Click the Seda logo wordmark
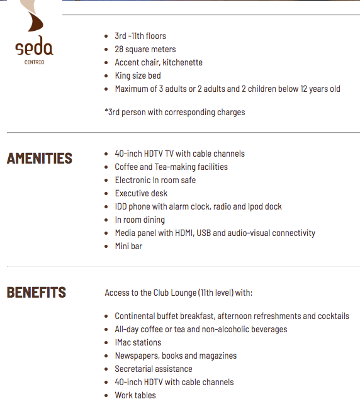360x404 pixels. coord(34,48)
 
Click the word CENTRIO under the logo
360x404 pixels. coord(34,62)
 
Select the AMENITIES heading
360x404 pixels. coord(39,159)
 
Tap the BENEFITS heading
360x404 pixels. coord(36,293)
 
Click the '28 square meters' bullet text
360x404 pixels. coord(145,49)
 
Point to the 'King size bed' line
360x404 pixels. coord(137,76)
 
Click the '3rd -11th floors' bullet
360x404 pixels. coord(140,36)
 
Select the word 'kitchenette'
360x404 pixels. coord(182,62)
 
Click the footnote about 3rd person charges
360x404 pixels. coord(174,112)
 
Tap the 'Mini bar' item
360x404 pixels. coord(128,246)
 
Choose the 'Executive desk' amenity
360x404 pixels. coord(141,193)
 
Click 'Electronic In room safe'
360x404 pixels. coord(155,180)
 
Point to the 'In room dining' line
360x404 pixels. coord(140,220)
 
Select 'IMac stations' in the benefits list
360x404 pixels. coord(138,342)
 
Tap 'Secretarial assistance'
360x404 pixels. coord(153,369)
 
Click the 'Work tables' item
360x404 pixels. coord(135,395)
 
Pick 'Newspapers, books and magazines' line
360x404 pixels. coord(176,356)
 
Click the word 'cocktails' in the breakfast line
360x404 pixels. coord(332,316)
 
